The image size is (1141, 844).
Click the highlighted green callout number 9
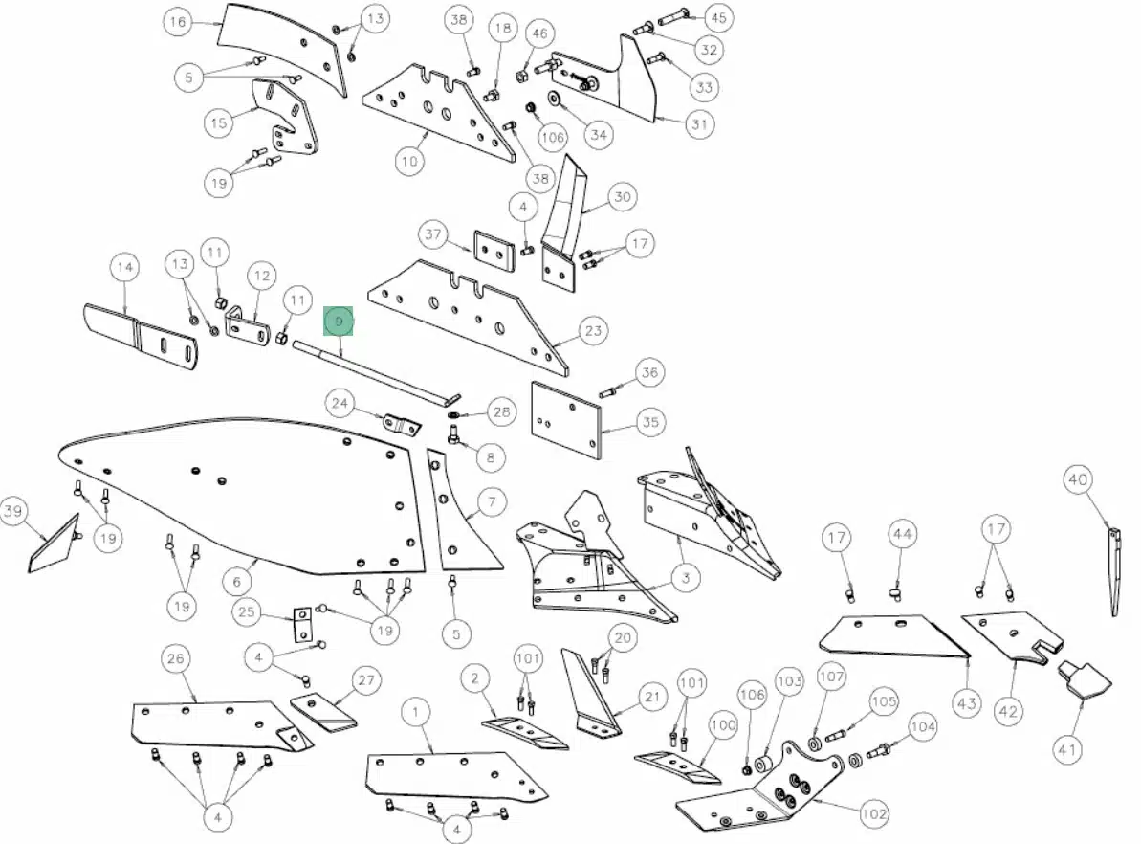[339, 322]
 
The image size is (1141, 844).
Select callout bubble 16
[178, 22]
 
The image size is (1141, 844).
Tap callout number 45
[718, 17]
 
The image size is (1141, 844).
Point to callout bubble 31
[699, 123]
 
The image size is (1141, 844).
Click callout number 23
[594, 330]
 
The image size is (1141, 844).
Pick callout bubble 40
[1078, 479]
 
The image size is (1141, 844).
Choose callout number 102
[874, 813]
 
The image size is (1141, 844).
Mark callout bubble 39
[13, 510]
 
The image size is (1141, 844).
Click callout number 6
[237, 582]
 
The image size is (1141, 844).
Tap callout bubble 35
[650, 422]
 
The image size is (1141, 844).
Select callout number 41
[1067, 749]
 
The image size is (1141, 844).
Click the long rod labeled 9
[376, 372]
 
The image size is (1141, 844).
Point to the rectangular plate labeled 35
[567, 421]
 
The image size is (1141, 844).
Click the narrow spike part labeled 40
[1114, 572]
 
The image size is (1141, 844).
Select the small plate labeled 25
[303, 625]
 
